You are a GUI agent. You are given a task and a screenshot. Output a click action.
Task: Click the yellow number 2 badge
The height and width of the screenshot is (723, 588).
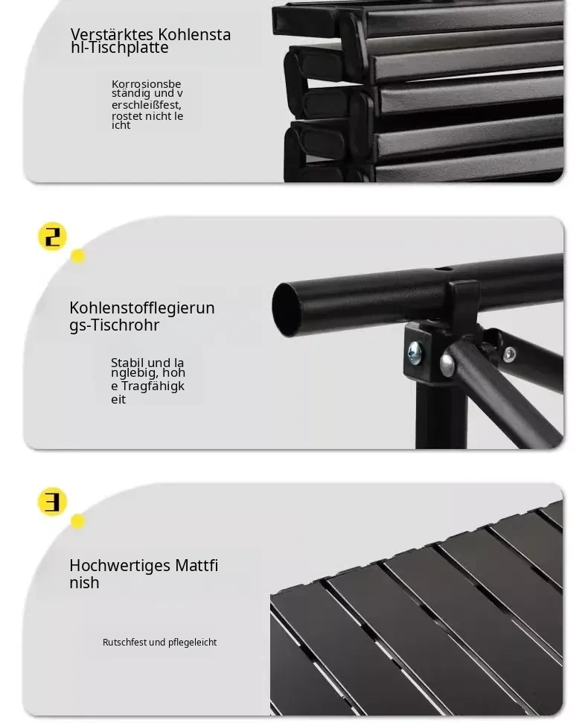coord(52,237)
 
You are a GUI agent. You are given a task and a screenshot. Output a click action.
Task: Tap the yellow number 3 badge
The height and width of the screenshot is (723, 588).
coord(52,502)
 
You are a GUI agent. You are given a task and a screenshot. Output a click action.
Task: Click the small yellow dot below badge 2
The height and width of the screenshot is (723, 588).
coord(77,256)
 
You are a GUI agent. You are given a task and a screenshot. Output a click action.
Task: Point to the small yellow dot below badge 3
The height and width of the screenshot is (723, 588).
coord(77,521)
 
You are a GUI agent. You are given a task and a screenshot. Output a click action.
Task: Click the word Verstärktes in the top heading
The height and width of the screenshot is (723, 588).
coord(112,34)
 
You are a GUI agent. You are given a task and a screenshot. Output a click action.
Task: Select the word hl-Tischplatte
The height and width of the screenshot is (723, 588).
coord(120,48)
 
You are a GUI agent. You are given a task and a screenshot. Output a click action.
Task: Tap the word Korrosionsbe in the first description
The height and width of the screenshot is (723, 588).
coord(147,84)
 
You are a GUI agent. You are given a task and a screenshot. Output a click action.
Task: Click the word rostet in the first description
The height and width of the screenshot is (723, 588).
coord(127,115)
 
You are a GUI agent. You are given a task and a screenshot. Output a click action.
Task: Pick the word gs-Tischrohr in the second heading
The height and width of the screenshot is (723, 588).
coord(115,325)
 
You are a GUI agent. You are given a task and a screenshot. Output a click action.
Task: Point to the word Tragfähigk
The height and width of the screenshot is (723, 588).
coord(153,386)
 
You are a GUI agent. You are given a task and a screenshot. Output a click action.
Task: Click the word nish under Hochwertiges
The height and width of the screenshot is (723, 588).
coord(84,583)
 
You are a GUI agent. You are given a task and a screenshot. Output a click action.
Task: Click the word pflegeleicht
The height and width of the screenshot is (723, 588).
coord(192,643)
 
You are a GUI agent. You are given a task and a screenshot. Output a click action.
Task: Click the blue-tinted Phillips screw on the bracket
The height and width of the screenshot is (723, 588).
coord(415,353)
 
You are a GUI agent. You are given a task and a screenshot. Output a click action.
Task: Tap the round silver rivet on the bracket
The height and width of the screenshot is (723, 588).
coord(447,364)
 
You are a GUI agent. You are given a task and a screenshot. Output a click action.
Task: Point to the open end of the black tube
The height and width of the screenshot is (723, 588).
coord(286,310)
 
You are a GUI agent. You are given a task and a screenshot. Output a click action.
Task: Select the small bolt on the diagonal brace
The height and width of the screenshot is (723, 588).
coord(509,354)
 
